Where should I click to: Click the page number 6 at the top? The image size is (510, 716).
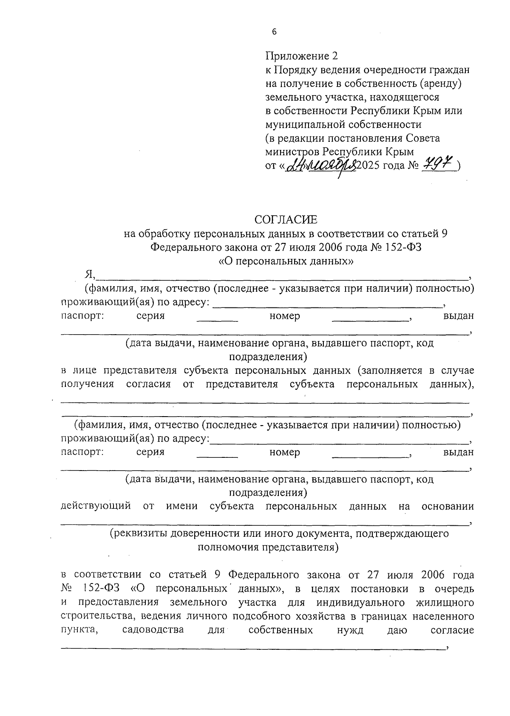(274, 32)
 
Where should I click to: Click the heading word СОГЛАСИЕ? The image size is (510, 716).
(286, 220)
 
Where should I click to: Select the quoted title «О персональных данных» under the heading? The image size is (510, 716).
(286, 261)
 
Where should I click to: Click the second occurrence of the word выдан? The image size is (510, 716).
(459, 452)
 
